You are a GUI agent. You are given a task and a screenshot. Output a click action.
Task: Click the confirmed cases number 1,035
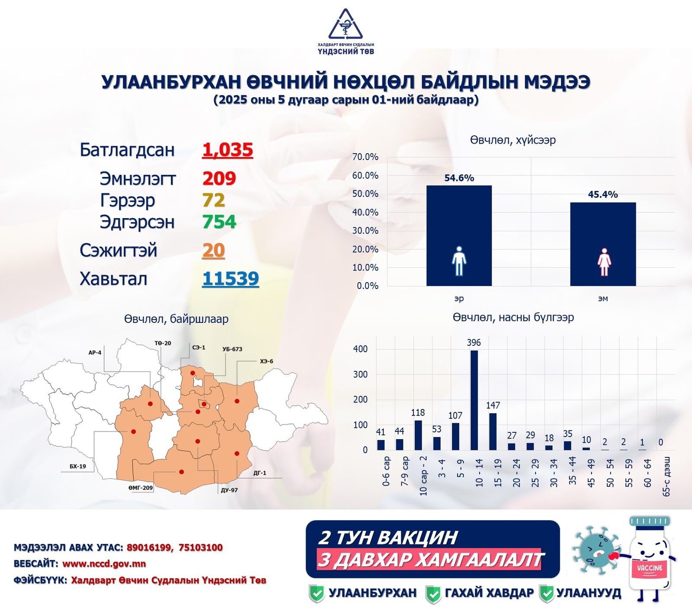[227, 150]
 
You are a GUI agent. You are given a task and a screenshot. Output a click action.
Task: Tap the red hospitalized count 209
[219, 178]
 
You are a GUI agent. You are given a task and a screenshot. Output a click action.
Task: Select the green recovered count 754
[219, 222]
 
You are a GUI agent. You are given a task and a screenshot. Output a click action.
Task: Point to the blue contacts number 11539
[231, 279]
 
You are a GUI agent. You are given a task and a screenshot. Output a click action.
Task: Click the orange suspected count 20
[213, 251]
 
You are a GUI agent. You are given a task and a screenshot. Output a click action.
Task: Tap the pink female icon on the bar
[604, 262]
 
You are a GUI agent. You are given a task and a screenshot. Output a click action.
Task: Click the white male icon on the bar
[459, 261]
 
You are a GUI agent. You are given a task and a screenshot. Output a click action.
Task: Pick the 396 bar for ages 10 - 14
[474, 400]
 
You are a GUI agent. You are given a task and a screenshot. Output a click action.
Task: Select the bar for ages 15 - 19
[493, 431]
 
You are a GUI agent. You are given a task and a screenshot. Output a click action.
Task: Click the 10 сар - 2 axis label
[423, 476]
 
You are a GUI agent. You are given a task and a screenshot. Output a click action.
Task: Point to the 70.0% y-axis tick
[365, 157]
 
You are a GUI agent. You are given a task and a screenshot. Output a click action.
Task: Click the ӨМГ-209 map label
[141, 488]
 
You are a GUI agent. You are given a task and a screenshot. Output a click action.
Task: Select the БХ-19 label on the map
[78, 466]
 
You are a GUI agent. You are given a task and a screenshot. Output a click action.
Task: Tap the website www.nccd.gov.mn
[104, 564]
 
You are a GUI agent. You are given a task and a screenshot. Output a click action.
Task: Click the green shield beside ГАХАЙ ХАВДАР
[433, 594]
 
